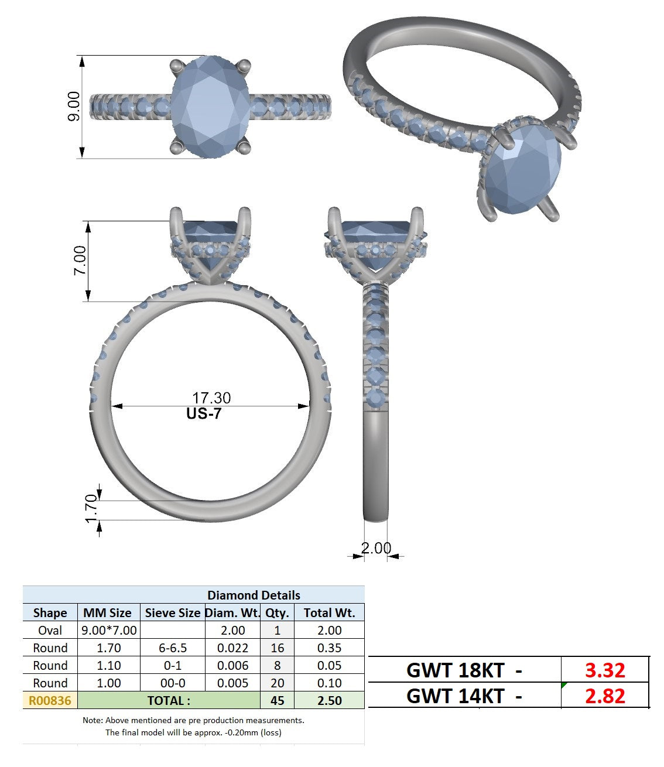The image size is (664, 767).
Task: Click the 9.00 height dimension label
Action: click(74, 106)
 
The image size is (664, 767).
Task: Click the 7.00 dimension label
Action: click(80, 261)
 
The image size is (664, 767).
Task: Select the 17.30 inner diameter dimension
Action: click(211, 398)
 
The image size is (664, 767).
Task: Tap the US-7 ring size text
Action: click(204, 413)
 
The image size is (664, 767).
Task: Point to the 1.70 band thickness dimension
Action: click(91, 508)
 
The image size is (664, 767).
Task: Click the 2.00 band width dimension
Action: click(376, 548)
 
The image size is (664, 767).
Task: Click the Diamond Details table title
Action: click(254, 595)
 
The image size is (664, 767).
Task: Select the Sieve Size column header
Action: click(173, 613)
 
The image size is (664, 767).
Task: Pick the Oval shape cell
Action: click(50, 631)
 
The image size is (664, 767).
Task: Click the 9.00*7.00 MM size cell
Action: click(109, 631)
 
